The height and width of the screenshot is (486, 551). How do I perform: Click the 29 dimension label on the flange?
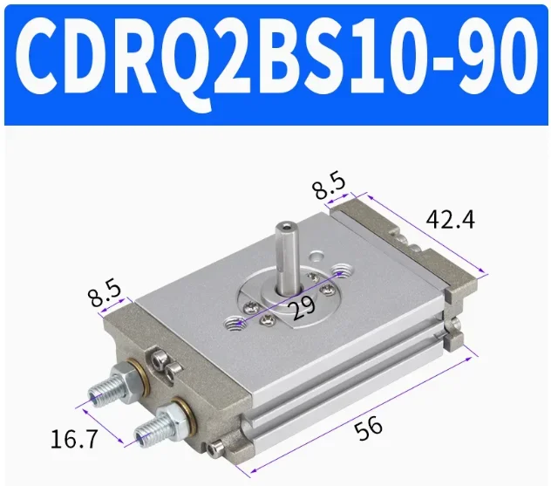(303, 307)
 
